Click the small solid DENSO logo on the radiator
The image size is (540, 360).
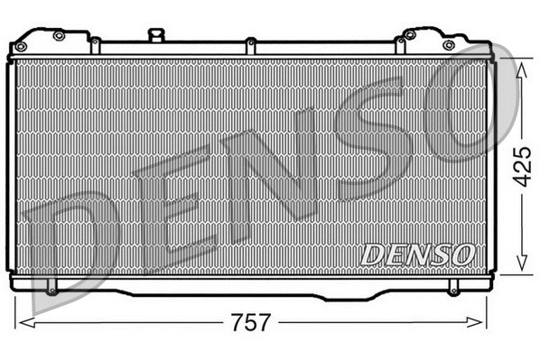(x=417, y=254)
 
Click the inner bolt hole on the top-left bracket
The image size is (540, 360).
(x=59, y=35)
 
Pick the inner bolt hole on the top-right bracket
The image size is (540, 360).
(x=410, y=35)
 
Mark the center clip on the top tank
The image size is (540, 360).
(x=251, y=42)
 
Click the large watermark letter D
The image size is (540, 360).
(x=72, y=244)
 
